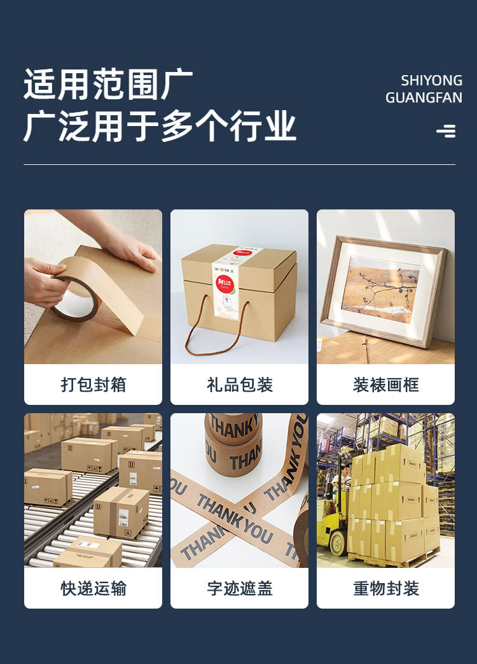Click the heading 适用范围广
click(108, 85)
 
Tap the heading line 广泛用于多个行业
click(160, 125)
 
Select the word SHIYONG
click(431, 81)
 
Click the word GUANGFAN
click(424, 98)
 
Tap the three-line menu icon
click(446, 131)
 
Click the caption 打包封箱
click(93, 385)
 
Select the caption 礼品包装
click(239, 385)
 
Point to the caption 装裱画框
click(385, 385)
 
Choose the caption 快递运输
click(93, 588)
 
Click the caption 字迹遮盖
click(239, 588)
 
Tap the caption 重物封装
click(385, 588)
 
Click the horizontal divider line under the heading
click(239, 165)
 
